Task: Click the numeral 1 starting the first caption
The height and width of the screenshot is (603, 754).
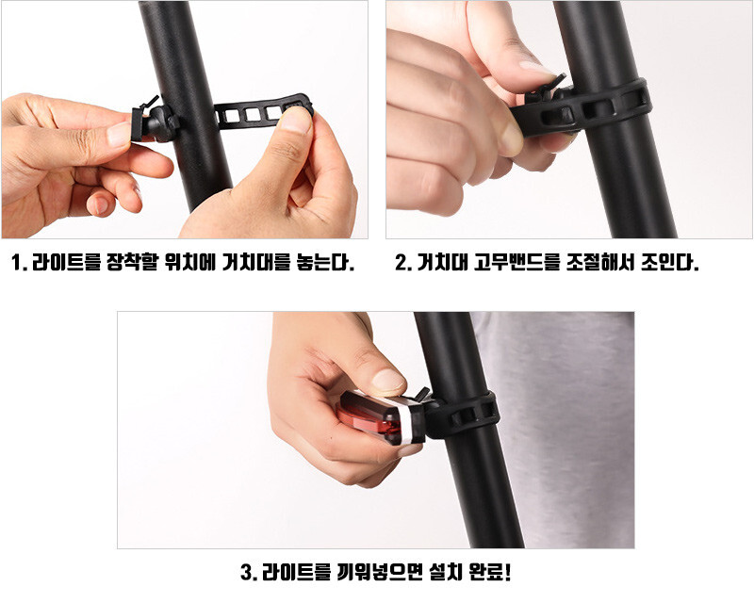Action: (x=17, y=263)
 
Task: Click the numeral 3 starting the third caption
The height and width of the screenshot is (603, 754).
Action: (x=247, y=573)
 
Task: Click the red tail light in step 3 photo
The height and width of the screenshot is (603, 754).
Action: (x=380, y=417)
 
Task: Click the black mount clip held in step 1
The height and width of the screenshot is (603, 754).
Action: (x=154, y=122)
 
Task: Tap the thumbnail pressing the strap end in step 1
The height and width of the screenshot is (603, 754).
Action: (x=295, y=121)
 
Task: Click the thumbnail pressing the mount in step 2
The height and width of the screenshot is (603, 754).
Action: (x=536, y=66)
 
